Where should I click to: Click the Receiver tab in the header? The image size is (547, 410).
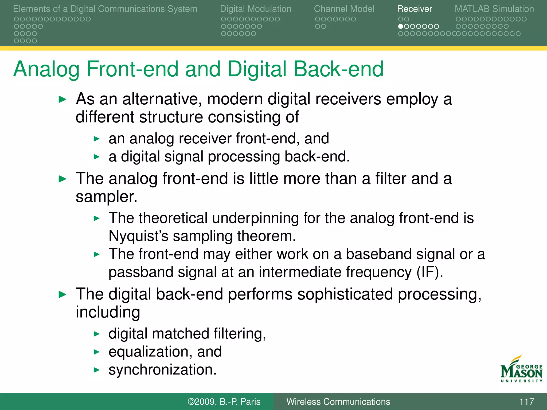pos(414,9)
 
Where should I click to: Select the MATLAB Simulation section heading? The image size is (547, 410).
pos(494,9)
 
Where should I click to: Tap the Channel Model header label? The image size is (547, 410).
pos(344,9)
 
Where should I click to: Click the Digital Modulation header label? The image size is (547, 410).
pos(255,9)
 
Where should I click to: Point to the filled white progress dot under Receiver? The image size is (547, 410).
pos(400,26)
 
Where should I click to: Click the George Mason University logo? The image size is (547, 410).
pos(521,370)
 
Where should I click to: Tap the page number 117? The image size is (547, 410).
pos(526,401)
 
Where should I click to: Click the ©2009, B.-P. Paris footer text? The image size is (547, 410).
pos(224,401)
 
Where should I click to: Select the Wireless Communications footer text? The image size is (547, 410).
pos(338,401)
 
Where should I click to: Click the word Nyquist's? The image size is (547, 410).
pos(138,236)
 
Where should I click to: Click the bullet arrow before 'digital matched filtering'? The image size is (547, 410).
pos(97,334)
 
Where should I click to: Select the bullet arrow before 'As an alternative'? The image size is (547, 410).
pos(62,100)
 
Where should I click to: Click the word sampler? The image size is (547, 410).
pos(106,197)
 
